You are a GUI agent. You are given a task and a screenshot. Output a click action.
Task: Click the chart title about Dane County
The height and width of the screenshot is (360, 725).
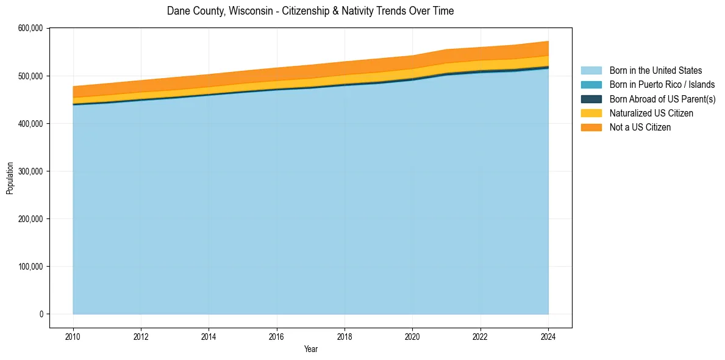tap(310, 11)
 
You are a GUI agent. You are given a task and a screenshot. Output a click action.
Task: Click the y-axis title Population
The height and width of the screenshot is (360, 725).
tap(10, 178)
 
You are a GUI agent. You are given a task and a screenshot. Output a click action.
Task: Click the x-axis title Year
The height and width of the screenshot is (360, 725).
tap(310, 350)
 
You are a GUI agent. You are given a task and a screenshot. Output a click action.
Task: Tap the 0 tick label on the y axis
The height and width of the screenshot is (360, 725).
tap(41, 314)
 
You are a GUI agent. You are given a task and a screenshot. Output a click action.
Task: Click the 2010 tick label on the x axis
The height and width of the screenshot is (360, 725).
tap(73, 336)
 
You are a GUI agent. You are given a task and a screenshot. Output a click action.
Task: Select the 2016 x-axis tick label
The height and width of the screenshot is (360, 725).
tap(277, 336)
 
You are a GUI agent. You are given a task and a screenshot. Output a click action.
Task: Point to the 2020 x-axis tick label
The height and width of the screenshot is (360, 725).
tap(413, 336)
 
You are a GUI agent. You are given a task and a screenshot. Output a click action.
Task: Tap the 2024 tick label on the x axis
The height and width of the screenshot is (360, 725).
tap(548, 336)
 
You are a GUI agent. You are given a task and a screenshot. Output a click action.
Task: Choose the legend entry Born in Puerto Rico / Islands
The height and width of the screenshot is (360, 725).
tap(662, 85)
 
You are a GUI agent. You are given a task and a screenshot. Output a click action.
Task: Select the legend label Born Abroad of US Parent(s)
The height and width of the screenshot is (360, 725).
tap(662, 99)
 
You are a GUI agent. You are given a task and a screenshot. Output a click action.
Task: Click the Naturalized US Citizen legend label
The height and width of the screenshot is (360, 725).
tap(651, 113)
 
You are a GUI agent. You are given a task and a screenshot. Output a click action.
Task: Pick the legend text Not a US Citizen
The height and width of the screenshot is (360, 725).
tap(640, 127)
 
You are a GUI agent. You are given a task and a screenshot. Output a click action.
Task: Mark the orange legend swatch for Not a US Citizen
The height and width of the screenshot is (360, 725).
tap(591, 127)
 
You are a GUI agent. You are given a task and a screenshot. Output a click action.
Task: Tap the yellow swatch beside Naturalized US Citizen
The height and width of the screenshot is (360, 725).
tap(591, 113)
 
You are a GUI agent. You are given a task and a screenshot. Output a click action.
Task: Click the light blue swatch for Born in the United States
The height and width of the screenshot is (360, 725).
tap(591, 71)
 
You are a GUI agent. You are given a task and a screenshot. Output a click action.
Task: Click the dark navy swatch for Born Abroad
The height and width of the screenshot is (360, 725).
tap(591, 99)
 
